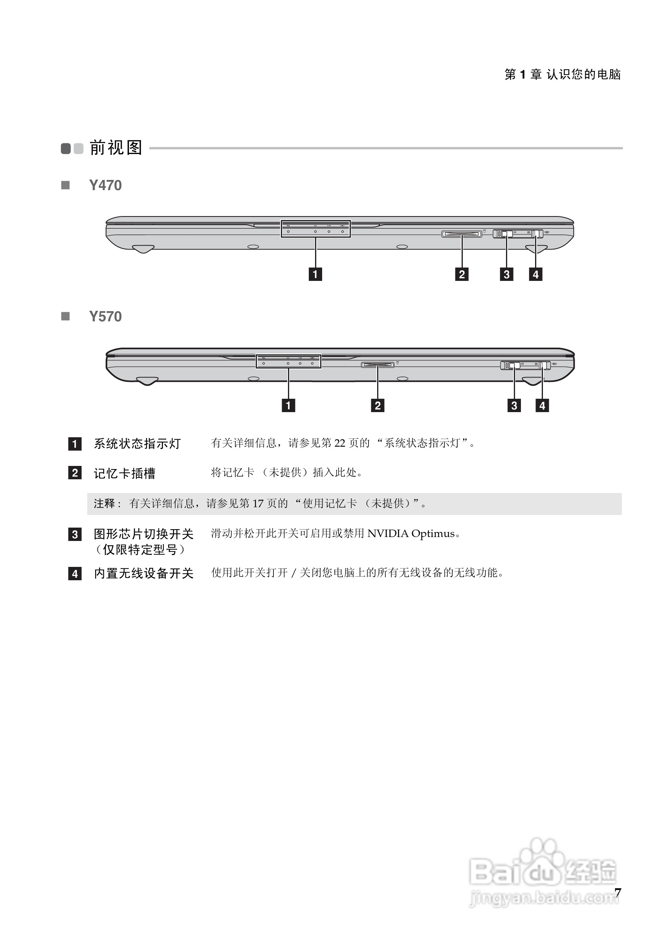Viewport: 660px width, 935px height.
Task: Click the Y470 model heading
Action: (x=105, y=185)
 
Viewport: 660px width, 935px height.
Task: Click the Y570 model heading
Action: (x=105, y=316)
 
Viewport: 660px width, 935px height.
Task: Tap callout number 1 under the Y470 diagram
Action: (x=315, y=274)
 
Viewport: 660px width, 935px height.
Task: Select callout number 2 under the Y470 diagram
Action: (x=462, y=274)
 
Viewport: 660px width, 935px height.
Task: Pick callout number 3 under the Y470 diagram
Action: (x=506, y=274)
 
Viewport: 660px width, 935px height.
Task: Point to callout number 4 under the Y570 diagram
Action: (x=542, y=405)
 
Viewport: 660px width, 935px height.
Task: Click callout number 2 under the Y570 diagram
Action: (x=378, y=405)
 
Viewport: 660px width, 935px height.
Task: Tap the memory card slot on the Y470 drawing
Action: (x=461, y=234)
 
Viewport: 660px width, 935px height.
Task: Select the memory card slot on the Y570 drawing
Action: (x=378, y=365)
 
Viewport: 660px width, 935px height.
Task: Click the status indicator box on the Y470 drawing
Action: (x=315, y=229)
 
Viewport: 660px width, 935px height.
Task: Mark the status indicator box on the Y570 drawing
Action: (x=288, y=361)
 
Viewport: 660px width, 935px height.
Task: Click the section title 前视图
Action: (x=116, y=147)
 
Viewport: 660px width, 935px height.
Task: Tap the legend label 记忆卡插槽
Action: (x=125, y=473)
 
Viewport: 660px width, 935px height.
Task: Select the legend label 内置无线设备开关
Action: (x=144, y=574)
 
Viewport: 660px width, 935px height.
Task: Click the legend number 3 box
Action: (x=75, y=534)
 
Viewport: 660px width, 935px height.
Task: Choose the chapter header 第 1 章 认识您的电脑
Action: (x=562, y=74)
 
